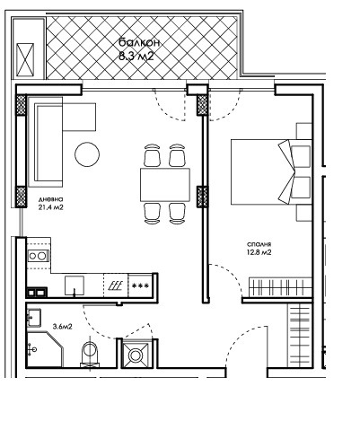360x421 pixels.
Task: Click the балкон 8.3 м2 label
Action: tap(136, 48)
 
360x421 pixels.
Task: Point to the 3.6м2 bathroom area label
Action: tap(62, 327)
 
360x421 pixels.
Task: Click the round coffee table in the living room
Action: tap(87, 154)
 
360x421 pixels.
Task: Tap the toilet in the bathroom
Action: tap(88, 355)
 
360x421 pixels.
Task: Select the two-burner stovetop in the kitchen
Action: tap(37, 258)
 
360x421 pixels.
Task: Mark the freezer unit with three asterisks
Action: tap(140, 285)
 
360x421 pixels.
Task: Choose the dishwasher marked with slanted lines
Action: tap(116, 285)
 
